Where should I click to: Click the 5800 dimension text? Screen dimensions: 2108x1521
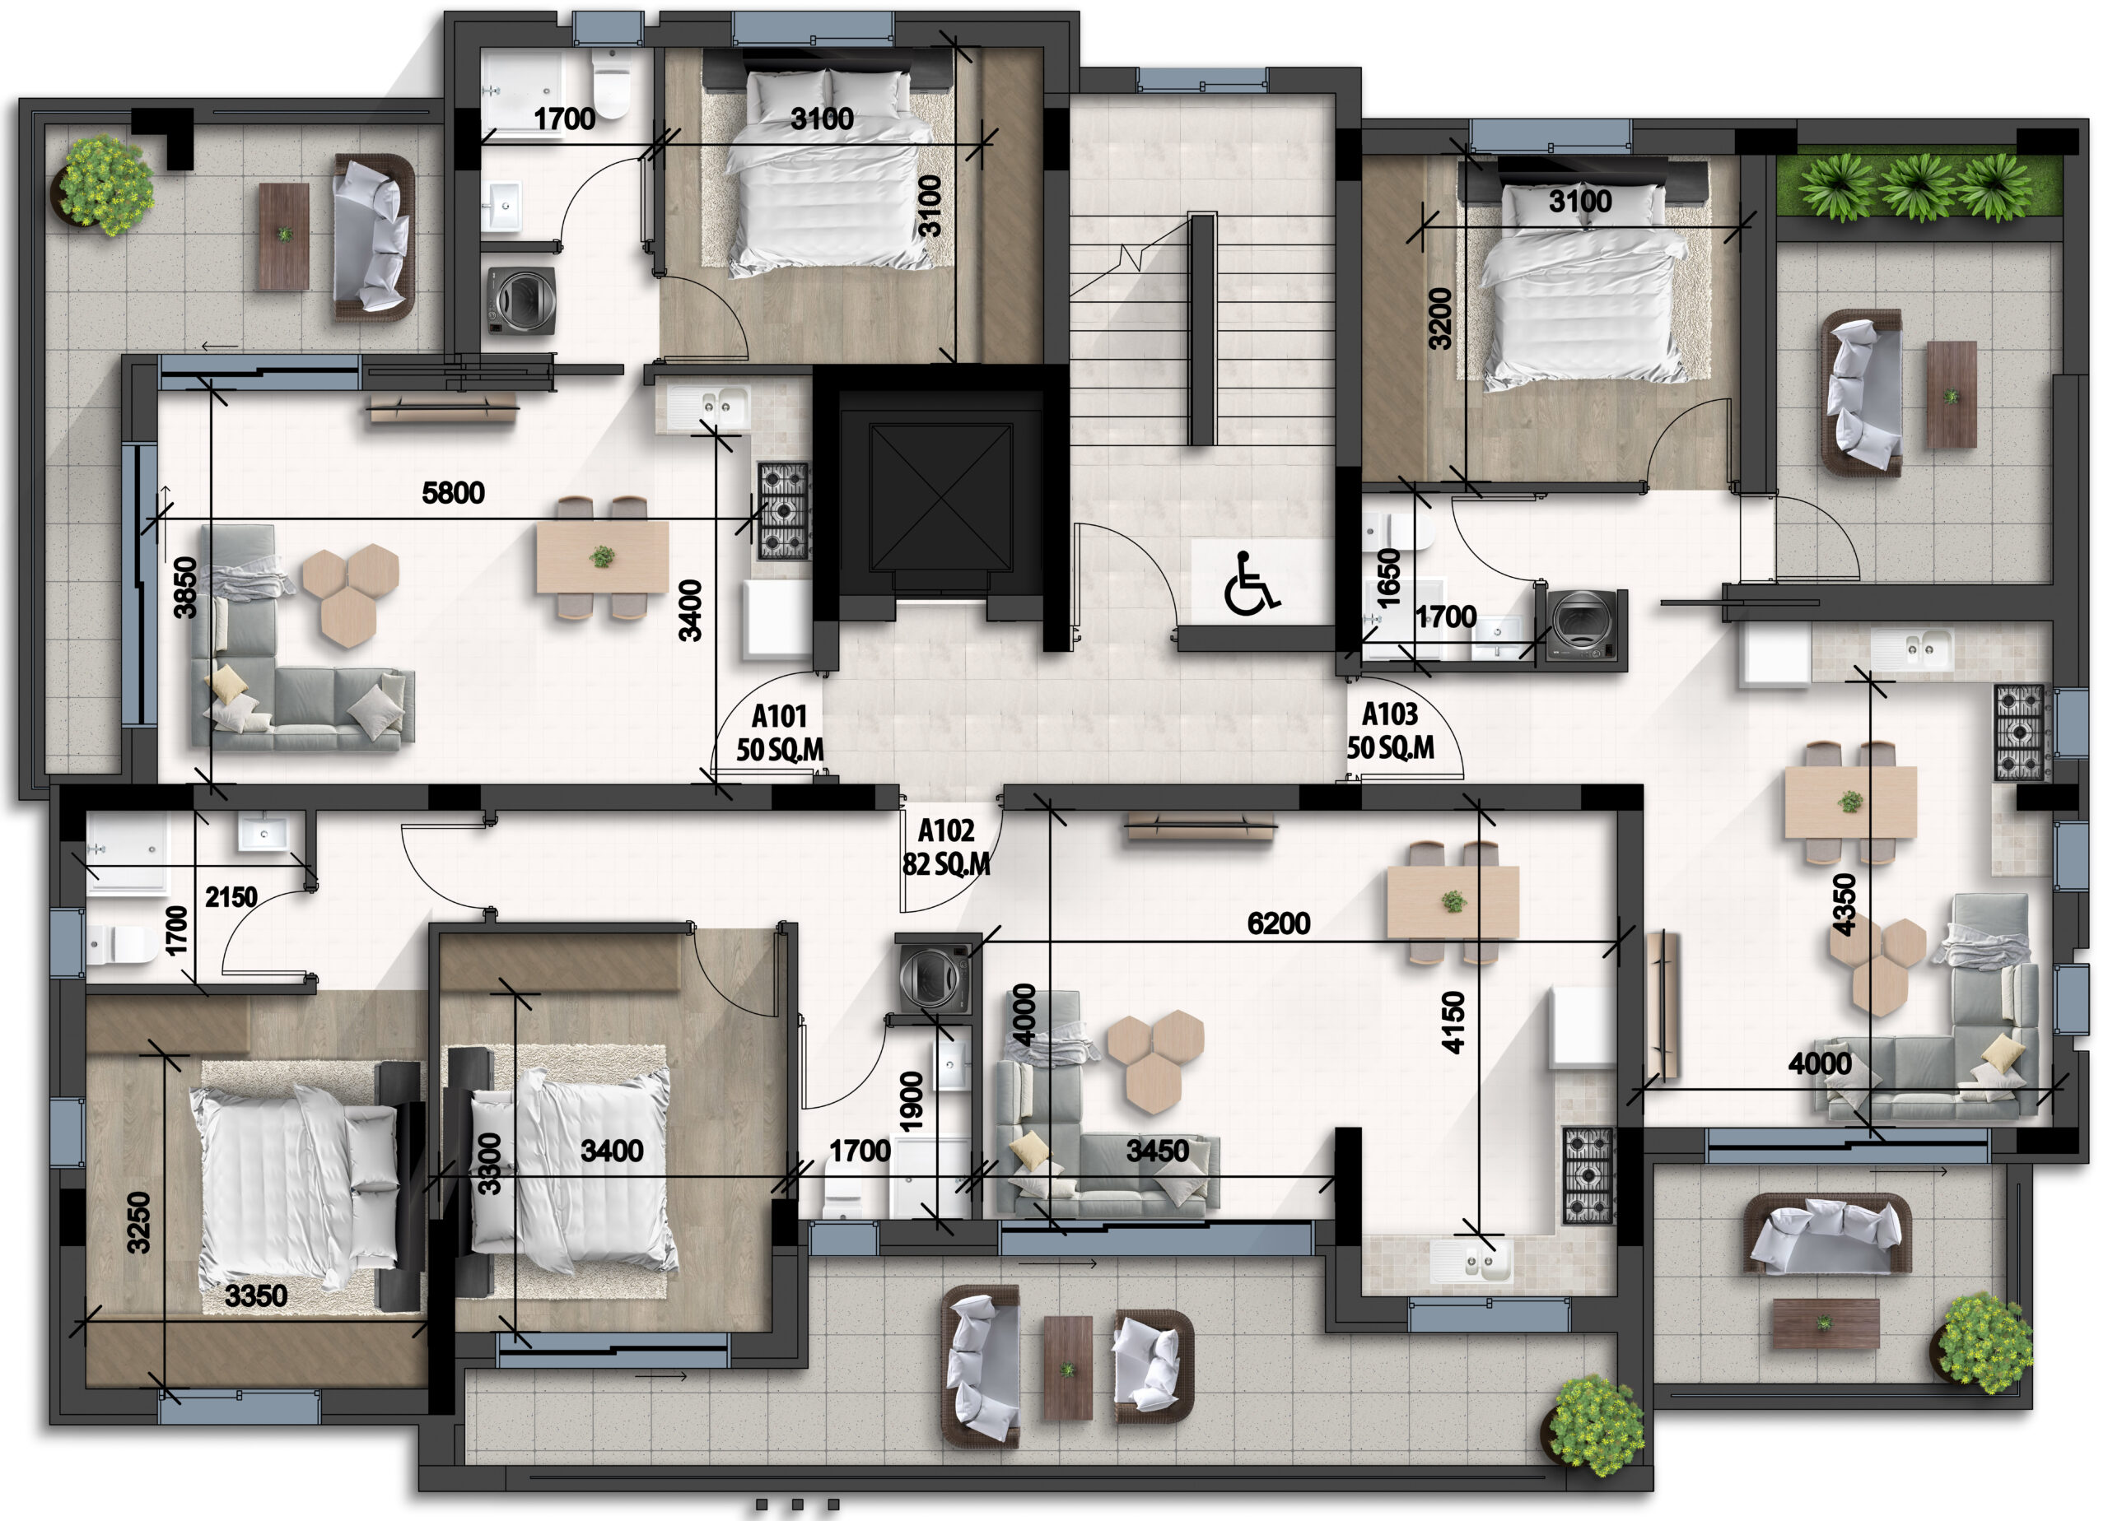click(454, 492)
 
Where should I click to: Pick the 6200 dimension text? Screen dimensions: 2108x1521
click(1278, 923)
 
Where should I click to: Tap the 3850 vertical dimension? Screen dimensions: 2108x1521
click(186, 587)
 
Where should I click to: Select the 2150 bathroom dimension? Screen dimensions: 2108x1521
click(231, 898)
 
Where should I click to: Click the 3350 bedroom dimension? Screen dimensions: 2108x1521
click(257, 1296)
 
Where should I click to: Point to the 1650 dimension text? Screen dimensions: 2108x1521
click(1387, 579)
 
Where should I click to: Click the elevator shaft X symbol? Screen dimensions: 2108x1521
click(940, 498)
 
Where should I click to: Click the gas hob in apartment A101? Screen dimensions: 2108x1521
click(784, 511)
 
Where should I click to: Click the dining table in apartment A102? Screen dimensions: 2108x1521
click(1453, 901)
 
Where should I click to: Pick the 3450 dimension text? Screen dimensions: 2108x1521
click(1157, 1152)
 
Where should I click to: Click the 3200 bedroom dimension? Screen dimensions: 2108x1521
click(1439, 319)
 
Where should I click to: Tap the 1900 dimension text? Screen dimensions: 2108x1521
click(912, 1102)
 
